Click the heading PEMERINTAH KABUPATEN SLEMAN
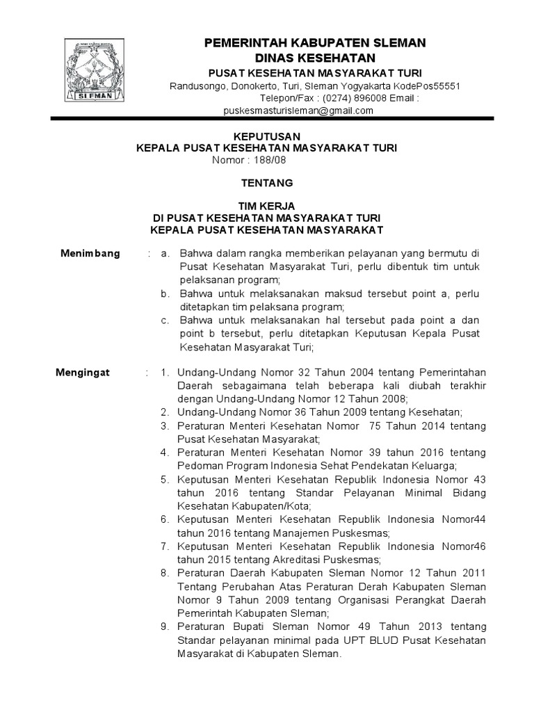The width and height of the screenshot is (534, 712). pyautogui.click(x=315, y=43)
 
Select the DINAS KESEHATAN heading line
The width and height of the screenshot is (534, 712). pyautogui.click(x=315, y=58)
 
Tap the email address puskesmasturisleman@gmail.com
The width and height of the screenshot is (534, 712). pyautogui.click(x=298, y=111)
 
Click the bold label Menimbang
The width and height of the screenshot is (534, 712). pyautogui.click(x=90, y=253)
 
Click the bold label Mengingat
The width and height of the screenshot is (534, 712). pyautogui.click(x=87, y=373)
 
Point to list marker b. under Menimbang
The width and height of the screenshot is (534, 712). pyautogui.click(x=165, y=294)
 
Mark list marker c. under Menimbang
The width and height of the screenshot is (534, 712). pyautogui.click(x=165, y=321)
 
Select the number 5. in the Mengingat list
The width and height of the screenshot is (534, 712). pyautogui.click(x=165, y=479)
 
